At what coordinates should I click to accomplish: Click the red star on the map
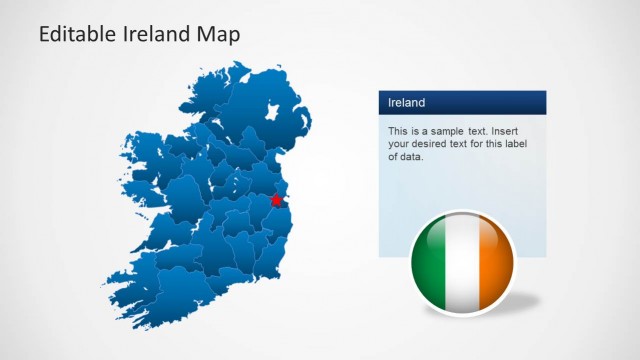pyautogui.click(x=277, y=200)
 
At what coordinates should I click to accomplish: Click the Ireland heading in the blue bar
pyautogui.click(x=407, y=102)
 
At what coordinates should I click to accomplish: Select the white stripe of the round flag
pyautogui.click(x=462, y=264)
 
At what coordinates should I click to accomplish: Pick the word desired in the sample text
pyautogui.click(x=437, y=144)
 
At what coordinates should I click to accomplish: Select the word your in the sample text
pyautogui.click(x=400, y=144)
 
